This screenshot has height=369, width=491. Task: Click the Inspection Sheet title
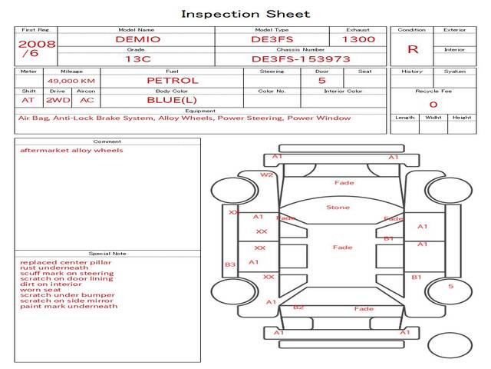point(245,14)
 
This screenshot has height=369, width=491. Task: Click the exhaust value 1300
point(358,38)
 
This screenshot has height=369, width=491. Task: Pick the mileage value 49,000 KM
point(71,81)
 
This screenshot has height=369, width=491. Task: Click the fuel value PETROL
point(172,80)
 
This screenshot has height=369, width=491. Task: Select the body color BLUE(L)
point(172,100)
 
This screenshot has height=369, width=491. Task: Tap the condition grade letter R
point(413,49)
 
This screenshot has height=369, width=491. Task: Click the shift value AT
point(28,100)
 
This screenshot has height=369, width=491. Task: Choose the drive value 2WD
point(55,100)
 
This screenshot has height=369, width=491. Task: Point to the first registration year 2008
point(36,44)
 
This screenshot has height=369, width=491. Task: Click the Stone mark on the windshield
point(338,208)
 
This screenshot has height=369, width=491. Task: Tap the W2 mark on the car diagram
point(266,175)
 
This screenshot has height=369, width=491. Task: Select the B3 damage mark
point(229,264)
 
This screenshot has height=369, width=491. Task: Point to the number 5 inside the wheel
point(450,287)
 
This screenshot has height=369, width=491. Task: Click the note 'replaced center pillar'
point(65,262)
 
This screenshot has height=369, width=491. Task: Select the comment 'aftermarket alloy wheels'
point(71,151)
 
